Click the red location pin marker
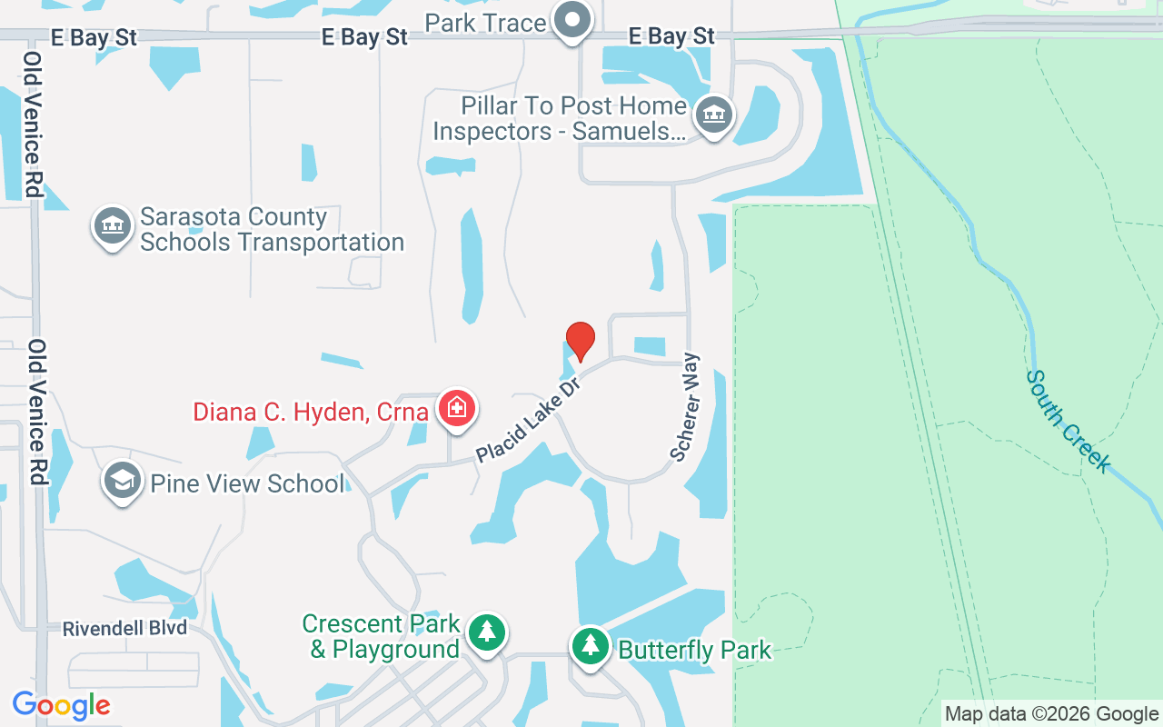pyautogui.click(x=580, y=342)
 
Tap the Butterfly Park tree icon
pyautogui.click(x=591, y=646)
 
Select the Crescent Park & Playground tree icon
pyautogui.click(x=487, y=632)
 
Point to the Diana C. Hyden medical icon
pyautogui.click(x=456, y=409)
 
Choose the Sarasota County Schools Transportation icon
pyautogui.click(x=112, y=224)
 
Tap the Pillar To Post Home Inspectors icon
pyautogui.click(x=714, y=115)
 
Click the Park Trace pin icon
pyautogui.click(x=573, y=20)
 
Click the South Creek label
pyautogui.click(x=1069, y=421)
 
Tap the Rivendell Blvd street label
pyautogui.click(x=124, y=629)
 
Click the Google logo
pyautogui.click(x=61, y=705)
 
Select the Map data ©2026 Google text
pyautogui.click(x=1051, y=714)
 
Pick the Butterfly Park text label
pyautogui.click(x=694, y=650)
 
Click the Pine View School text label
pyautogui.click(x=247, y=483)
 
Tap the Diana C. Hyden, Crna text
pyautogui.click(x=311, y=412)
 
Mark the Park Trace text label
pyautogui.click(x=489, y=23)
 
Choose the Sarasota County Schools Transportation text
pyautogui.click(x=272, y=230)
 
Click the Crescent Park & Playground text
pyautogui.click(x=381, y=637)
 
